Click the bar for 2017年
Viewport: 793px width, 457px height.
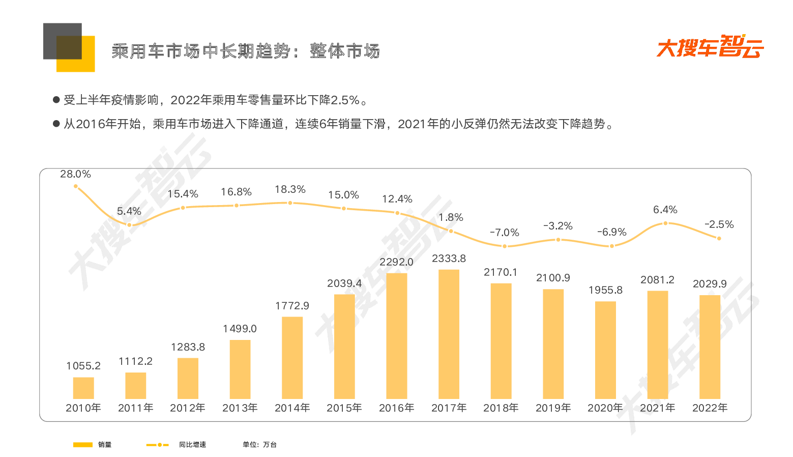click(449, 334)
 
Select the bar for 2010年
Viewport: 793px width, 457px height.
click(83, 388)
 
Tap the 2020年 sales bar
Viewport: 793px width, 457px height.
click(605, 350)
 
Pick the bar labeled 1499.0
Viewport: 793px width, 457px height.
click(240, 369)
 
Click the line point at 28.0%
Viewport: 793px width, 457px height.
click(76, 186)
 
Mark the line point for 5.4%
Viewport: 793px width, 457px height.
click(129, 225)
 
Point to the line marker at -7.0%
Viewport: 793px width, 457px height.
click(505, 246)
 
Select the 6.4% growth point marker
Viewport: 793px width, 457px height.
click(665, 223)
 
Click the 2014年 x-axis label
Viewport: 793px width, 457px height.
click(292, 408)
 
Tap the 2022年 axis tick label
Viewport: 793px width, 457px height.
click(710, 408)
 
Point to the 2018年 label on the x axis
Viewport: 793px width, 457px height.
click(501, 408)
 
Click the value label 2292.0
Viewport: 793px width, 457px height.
click(397, 262)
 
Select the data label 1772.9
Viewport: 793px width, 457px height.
click(292, 306)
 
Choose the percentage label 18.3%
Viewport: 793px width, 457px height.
click(290, 189)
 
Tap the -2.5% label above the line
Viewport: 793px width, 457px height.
click(719, 224)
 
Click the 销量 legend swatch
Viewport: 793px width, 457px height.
click(83, 445)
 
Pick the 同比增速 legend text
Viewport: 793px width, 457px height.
click(192, 445)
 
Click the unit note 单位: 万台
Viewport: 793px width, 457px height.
click(259, 445)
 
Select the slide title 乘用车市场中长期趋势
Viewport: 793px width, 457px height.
click(201, 51)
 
